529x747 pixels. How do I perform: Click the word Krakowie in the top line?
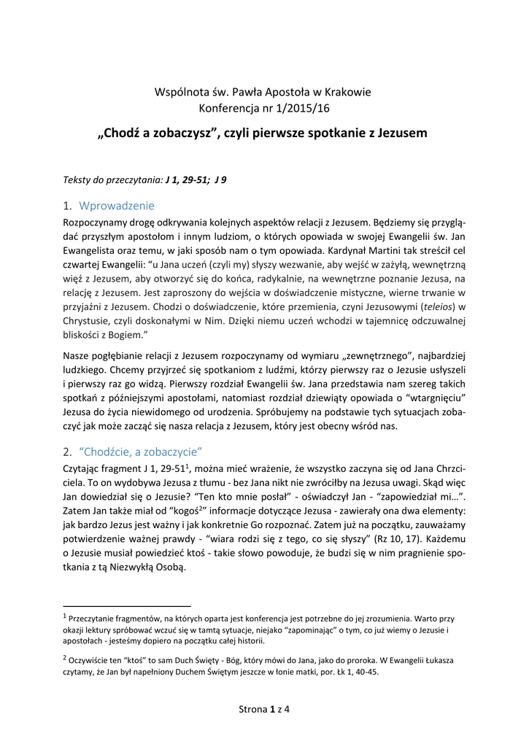pos(347,92)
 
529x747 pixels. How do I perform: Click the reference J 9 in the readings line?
pos(219,179)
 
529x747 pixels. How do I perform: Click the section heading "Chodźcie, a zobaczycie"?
pos(139,449)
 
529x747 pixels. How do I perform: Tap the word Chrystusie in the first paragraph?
pos(91,320)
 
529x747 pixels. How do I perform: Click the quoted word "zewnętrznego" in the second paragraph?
pos(371,355)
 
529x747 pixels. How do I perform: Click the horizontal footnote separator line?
pos(128,605)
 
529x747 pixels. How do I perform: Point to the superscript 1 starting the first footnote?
pos(66,616)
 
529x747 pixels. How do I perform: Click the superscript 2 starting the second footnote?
pos(66,657)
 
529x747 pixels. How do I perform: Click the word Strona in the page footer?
pos(253,709)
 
